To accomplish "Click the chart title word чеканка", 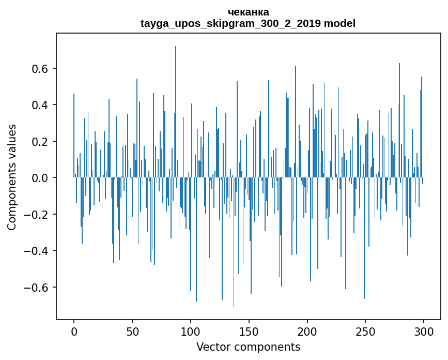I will pyautogui.click(x=248, y=12).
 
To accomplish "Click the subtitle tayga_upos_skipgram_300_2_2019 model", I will pyautogui.click(x=248, y=23).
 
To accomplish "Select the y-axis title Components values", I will pyautogui.click(x=12, y=177).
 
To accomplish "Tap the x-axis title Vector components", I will pyautogui.click(x=248, y=347).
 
